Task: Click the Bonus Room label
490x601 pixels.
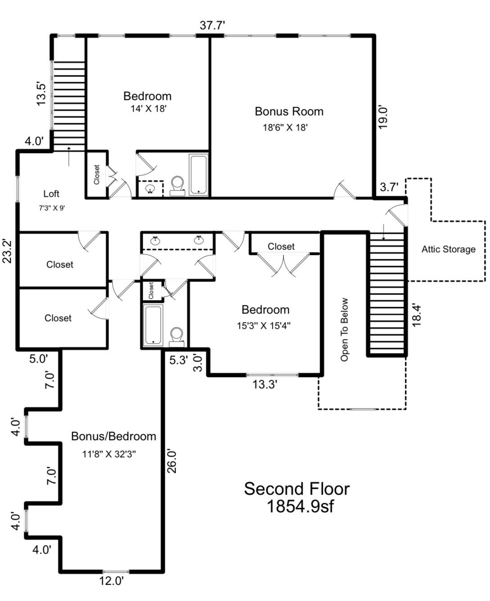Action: point(289,111)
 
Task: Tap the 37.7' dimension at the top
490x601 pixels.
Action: point(212,25)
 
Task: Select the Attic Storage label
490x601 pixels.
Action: point(448,249)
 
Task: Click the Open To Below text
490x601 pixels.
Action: point(345,329)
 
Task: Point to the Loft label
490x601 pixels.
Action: point(51,194)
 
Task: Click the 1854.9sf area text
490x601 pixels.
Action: point(300,506)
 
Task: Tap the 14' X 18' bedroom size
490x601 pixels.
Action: point(149,109)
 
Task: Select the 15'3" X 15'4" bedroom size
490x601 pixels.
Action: point(264,325)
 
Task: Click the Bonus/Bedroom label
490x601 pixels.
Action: point(113,436)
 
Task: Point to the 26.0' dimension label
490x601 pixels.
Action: point(172,460)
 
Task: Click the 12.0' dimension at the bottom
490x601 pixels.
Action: point(111,581)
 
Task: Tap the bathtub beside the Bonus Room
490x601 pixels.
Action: point(198,174)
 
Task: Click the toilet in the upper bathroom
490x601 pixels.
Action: point(177,185)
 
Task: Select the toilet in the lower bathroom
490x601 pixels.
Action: point(177,336)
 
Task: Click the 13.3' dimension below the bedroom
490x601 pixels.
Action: point(264,384)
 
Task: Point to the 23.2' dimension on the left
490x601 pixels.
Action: point(7,250)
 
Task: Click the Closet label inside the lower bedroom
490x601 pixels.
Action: point(281,246)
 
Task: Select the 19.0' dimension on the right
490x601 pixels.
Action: point(383,117)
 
